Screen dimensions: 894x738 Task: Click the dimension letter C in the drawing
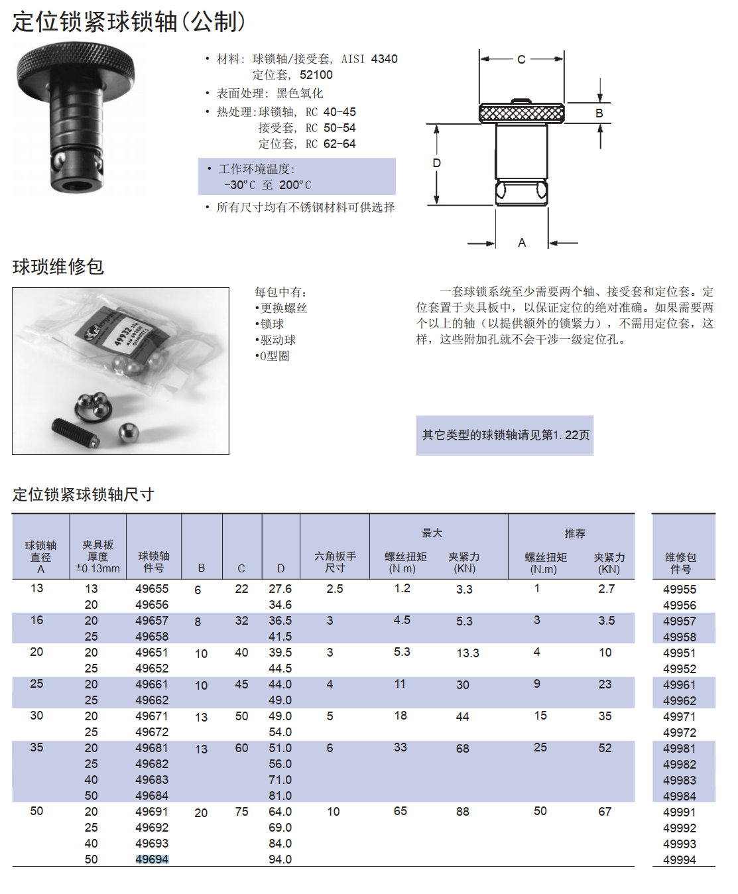521,60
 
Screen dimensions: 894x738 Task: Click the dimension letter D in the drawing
436,163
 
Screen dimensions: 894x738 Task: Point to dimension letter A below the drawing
522,243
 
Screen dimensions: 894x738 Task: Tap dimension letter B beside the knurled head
599,113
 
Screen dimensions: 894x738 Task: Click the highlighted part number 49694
152,860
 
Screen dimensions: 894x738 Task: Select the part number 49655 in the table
152,589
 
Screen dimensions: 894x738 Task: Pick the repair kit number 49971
680,717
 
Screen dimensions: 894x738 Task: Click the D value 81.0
280,796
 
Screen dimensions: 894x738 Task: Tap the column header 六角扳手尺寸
335,562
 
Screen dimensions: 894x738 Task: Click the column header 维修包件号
680,563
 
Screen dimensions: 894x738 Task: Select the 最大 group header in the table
432,533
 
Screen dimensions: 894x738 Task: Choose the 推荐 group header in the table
575,534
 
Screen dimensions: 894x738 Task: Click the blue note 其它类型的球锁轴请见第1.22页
505,435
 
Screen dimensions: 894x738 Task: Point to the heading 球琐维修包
58,267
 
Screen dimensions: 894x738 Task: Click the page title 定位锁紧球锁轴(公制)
129,22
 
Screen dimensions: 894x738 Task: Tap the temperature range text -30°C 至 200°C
268,185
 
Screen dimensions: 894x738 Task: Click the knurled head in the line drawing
522,113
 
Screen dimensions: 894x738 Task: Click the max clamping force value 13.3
467,653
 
